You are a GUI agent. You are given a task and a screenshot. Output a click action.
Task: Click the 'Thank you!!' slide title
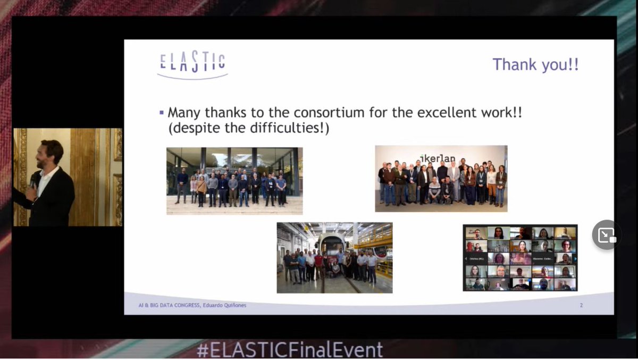(535, 65)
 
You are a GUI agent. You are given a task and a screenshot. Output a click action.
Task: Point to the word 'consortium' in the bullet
(341, 113)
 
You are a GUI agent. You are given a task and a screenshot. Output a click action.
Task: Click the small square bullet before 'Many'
(162, 113)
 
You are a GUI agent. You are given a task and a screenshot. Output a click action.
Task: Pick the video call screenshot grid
(520, 258)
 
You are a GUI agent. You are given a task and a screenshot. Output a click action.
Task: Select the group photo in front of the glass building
(234, 181)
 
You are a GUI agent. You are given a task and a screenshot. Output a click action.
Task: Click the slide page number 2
(581, 305)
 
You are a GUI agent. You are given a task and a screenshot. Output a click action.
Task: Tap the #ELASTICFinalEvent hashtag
(290, 350)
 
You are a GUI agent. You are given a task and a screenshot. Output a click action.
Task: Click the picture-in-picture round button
(607, 235)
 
